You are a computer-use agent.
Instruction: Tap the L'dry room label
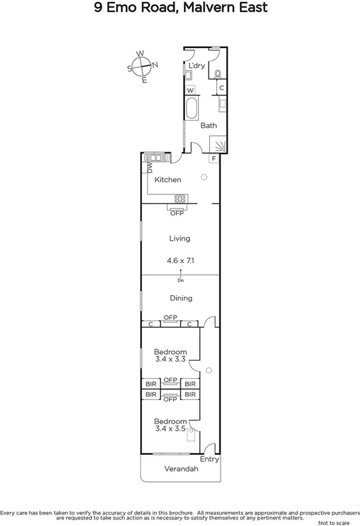[196, 66]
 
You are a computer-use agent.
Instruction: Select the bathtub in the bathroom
[191, 109]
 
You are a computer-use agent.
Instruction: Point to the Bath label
[208, 125]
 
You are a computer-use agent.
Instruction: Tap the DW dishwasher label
[150, 168]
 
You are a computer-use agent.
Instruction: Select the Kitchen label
[168, 180]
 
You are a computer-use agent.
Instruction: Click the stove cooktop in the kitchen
[179, 198]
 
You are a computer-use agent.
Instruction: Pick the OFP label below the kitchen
[176, 213]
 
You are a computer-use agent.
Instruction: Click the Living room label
[180, 239]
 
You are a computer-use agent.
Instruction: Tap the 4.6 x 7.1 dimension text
[180, 260]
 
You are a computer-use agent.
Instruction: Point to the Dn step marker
[180, 280]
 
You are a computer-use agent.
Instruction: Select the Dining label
[180, 298]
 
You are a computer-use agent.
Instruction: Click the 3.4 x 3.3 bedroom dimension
[170, 360]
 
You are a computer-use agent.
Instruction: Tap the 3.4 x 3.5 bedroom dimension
[170, 429]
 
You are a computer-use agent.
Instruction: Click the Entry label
[209, 459]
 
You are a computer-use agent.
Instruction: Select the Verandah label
[181, 469]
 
